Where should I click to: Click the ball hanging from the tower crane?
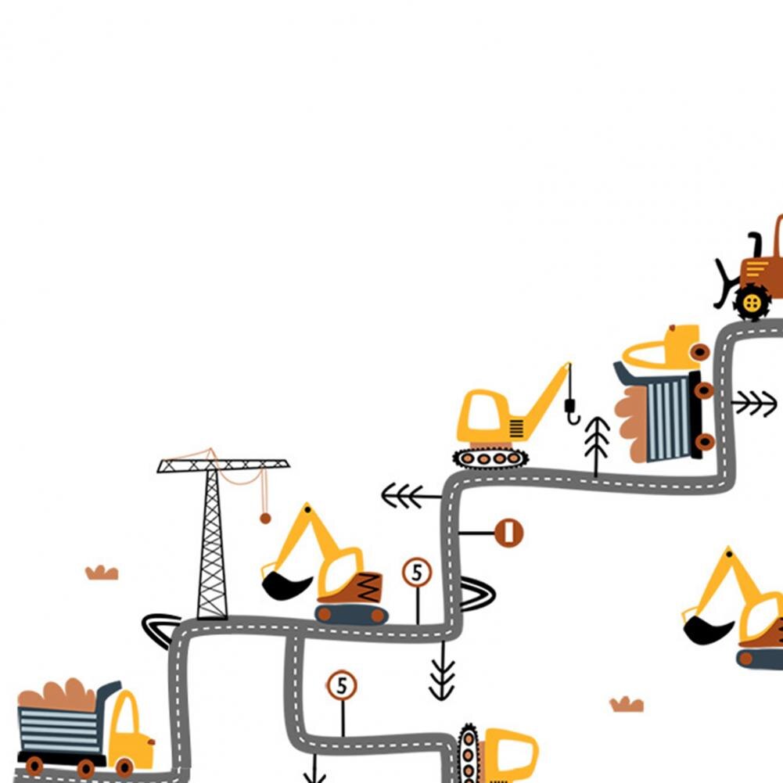[265, 519]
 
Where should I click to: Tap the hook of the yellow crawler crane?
[573, 411]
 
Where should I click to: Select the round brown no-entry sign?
[509, 533]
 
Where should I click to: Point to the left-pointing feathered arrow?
[411, 496]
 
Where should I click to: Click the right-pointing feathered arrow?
[754, 403]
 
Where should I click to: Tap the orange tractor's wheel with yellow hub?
[752, 302]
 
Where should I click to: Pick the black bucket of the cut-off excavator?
[706, 630]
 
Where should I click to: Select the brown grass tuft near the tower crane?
[102, 573]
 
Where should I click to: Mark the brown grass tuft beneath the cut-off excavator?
[627, 704]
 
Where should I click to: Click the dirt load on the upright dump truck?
[58, 694]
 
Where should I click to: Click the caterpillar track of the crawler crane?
[490, 458]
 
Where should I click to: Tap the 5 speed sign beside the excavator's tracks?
[417, 573]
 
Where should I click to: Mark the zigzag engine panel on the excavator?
[368, 587]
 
